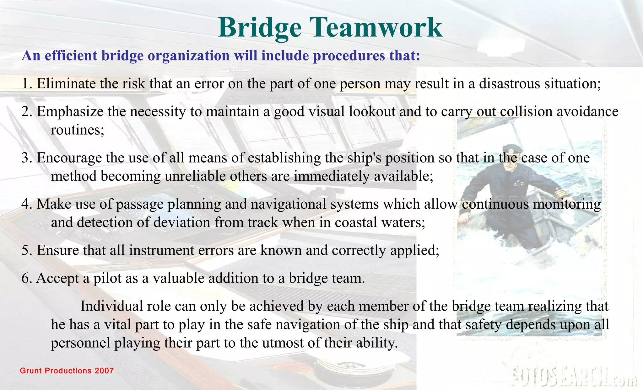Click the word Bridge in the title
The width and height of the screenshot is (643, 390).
click(260, 28)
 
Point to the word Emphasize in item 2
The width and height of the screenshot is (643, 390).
click(70, 112)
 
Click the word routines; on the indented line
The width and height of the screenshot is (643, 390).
click(78, 130)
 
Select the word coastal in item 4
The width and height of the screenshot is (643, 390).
click(356, 222)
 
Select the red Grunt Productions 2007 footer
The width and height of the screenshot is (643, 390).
click(67, 371)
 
